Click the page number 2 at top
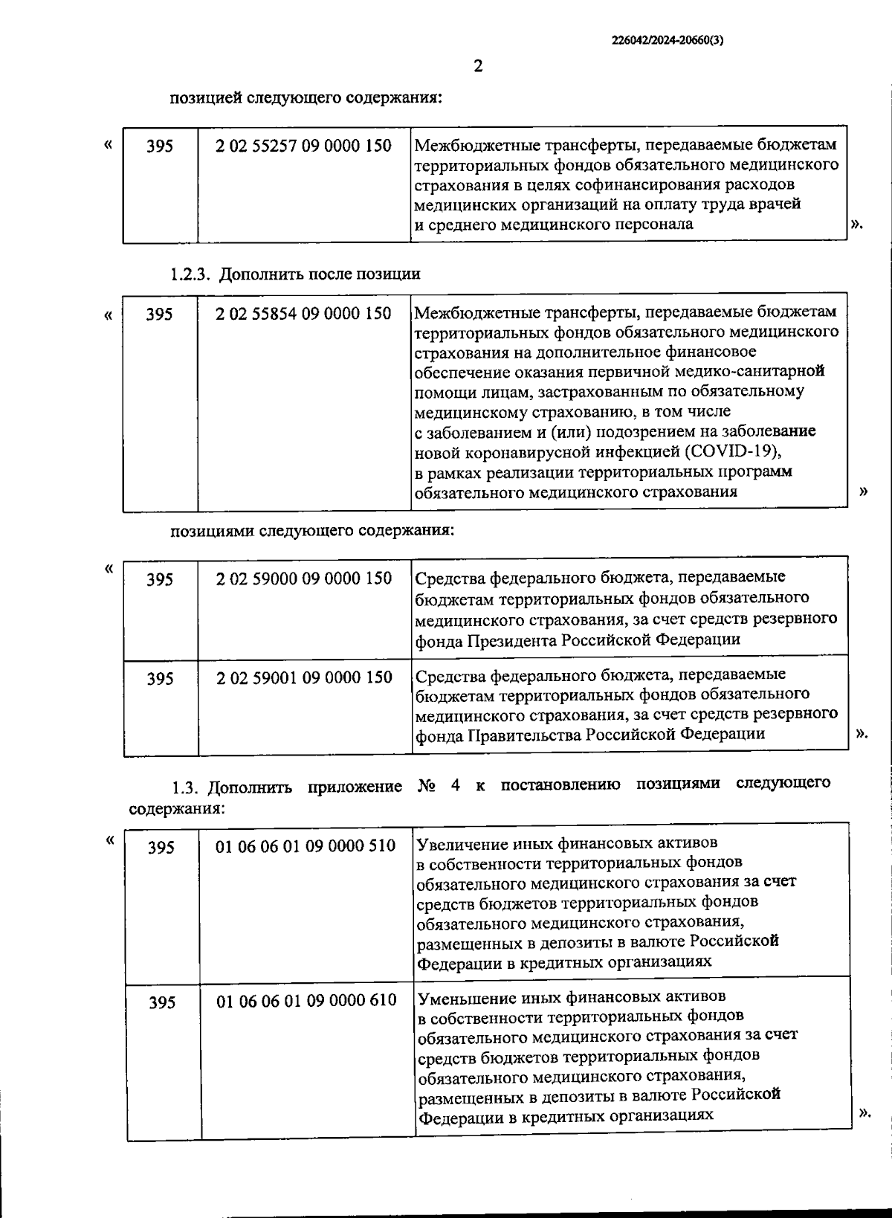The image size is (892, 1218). pyautogui.click(x=478, y=66)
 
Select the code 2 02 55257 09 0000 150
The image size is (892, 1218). pyautogui.click(x=303, y=146)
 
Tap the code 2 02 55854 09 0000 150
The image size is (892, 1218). pyautogui.click(x=303, y=314)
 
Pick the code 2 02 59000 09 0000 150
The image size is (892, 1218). pyautogui.click(x=303, y=579)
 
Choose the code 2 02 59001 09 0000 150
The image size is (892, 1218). pyautogui.click(x=304, y=677)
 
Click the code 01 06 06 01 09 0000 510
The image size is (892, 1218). pyautogui.click(x=306, y=846)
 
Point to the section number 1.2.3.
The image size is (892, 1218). pyautogui.click(x=192, y=274)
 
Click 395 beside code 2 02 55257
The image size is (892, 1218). pyautogui.click(x=160, y=146)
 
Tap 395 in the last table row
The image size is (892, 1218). pyautogui.click(x=162, y=1003)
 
